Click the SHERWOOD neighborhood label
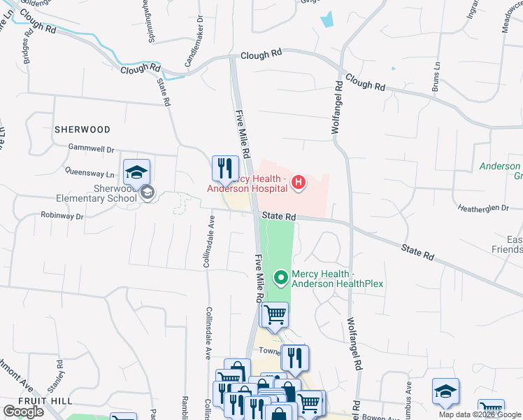click(x=83, y=129)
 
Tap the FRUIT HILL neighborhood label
click(x=37, y=400)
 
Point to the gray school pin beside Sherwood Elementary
click(x=147, y=192)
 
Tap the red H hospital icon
click(x=299, y=183)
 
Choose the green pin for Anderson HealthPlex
click(x=281, y=279)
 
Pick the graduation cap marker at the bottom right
click(x=445, y=392)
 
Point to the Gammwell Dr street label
click(x=91, y=148)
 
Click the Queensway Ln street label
click(x=89, y=171)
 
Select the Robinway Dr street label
click(x=62, y=216)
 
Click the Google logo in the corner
click(x=23, y=412)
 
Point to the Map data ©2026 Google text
click(x=479, y=414)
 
